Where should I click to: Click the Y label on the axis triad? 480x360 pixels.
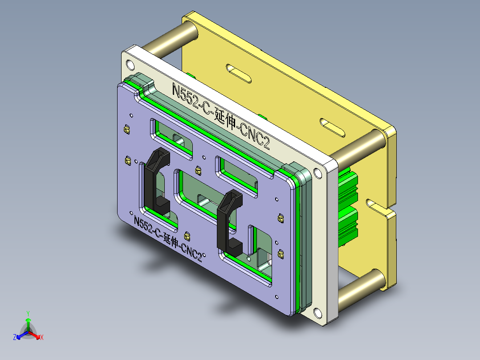(28, 313)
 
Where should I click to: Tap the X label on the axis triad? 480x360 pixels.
(42, 338)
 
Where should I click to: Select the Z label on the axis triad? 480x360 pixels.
(15, 337)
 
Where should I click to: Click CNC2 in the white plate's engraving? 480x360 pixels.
(255, 136)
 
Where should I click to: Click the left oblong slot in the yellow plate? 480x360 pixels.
(239, 73)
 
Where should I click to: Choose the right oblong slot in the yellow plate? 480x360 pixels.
(333, 127)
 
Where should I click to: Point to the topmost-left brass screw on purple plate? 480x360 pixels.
(126, 130)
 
